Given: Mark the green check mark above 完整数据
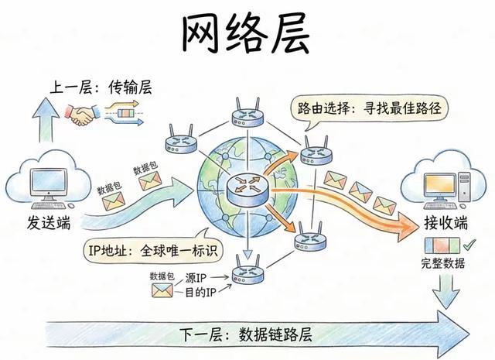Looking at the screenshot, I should coord(469,247).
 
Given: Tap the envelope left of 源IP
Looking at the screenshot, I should coord(162,291).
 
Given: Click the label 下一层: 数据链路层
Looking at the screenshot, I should coord(245,335).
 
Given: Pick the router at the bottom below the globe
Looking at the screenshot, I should coord(247,273).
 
